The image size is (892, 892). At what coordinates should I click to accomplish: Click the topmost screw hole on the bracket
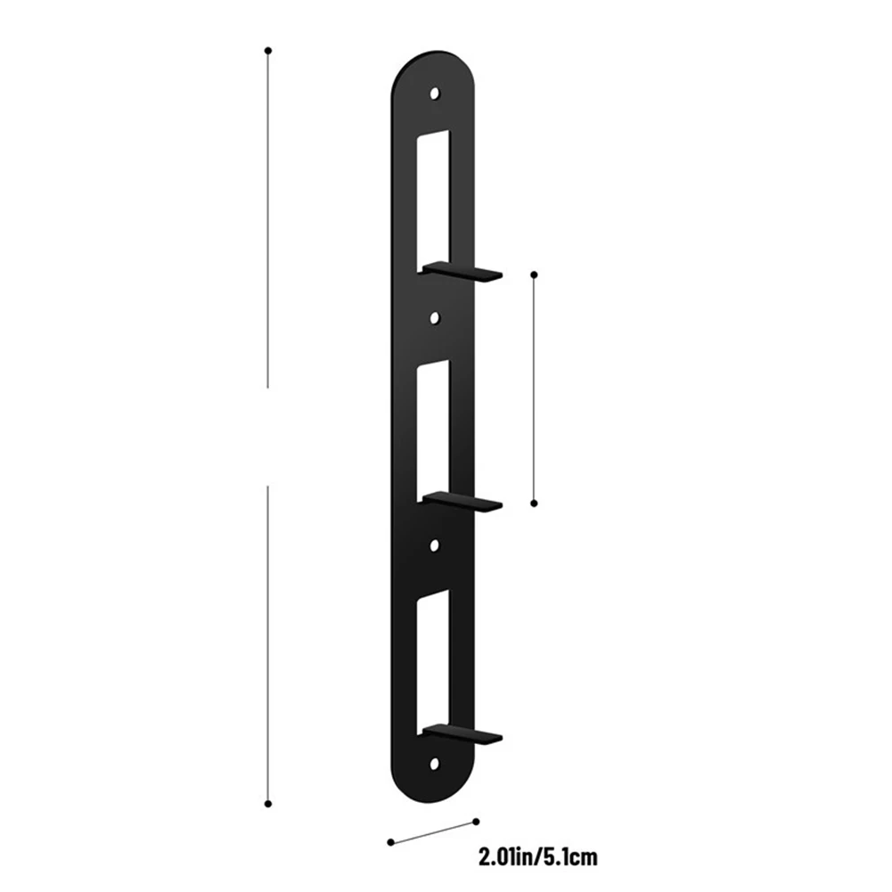coord(436,92)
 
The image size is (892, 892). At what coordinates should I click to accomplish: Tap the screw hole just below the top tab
coord(436,316)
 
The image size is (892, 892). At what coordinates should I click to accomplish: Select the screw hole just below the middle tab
coord(436,542)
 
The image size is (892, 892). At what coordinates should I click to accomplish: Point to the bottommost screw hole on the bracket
coord(436,765)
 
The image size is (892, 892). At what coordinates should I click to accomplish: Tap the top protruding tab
coord(463,271)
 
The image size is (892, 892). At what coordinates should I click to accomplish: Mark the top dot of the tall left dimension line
coord(268,51)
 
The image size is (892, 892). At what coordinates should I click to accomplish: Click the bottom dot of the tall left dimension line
coord(268,803)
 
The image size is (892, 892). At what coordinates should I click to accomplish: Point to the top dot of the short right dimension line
coord(534,274)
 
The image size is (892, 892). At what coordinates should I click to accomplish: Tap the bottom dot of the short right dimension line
coord(534,503)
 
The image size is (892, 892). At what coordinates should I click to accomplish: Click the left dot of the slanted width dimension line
coord(389,840)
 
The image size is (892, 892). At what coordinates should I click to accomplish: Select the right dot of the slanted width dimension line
coord(477,821)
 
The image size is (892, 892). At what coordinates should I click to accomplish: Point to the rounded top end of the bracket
coord(432,62)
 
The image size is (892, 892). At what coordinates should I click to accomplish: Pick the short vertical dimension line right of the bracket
coord(534,388)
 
